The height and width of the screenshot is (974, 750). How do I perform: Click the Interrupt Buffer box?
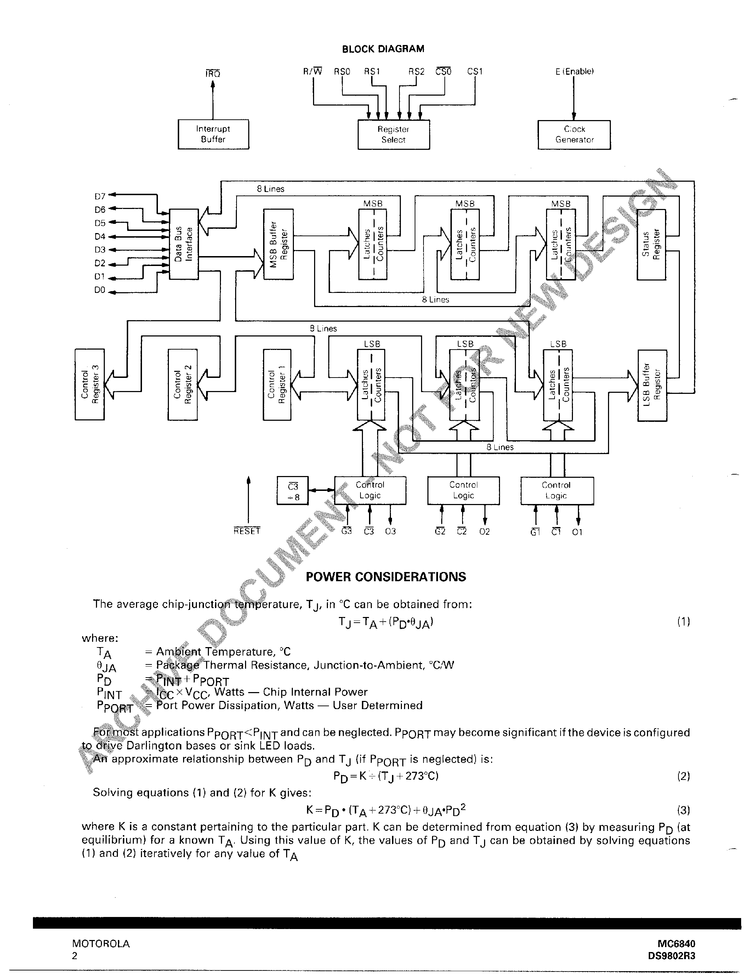pos(213,134)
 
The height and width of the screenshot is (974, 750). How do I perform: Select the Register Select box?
pos(393,134)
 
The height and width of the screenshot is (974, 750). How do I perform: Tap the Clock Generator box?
pos(574,134)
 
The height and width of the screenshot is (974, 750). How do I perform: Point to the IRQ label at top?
pos(213,74)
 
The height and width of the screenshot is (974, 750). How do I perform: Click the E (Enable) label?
pos(574,71)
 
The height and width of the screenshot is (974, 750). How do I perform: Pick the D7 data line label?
pos(100,196)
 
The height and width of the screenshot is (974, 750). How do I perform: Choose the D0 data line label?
pos(100,290)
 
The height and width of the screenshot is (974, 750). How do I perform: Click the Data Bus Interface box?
pos(184,244)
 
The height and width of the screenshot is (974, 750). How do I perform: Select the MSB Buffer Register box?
pos(279,244)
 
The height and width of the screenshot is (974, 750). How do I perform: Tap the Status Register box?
pos(651,244)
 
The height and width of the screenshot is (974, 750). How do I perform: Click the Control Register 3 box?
pos(90,384)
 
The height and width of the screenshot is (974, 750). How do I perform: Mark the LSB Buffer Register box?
pos(652,385)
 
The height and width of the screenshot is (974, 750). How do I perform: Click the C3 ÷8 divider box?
pos(292,491)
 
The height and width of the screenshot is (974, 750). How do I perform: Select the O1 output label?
pos(577,532)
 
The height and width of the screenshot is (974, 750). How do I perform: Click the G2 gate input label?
pos(440,532)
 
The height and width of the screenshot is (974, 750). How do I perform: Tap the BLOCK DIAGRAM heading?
pos(382,49)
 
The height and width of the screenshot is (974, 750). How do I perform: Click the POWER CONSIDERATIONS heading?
pos(386,577)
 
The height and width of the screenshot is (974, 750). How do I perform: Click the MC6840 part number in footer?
pos(676,944)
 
